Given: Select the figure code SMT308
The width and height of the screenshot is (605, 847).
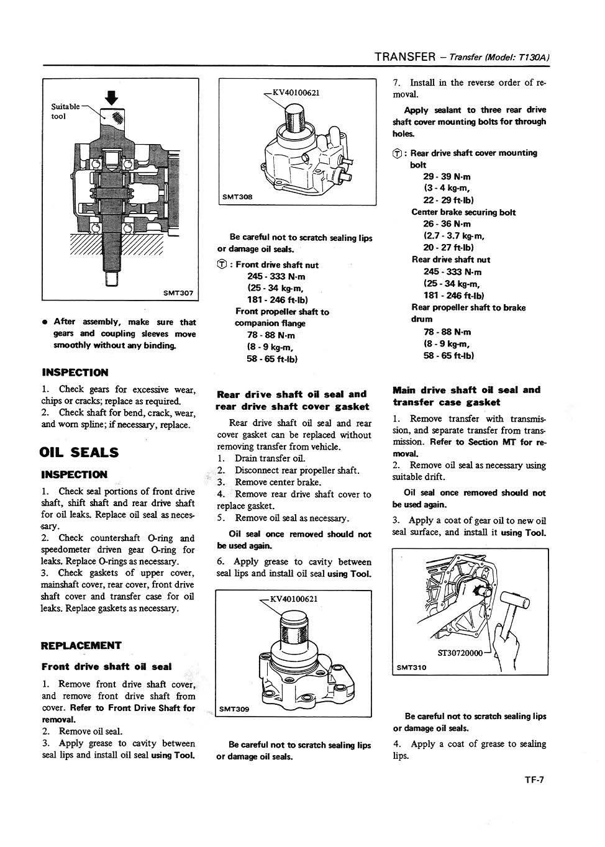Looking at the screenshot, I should pyautogui.click(x=237, y=197).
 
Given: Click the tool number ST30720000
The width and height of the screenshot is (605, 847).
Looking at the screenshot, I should pyautogui.click(x=460, y=653).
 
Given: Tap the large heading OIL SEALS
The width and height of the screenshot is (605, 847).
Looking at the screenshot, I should pyautogui.click(x=79, y=451).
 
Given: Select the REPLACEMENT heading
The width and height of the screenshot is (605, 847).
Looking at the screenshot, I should pyautogui.click(x=81, y=645).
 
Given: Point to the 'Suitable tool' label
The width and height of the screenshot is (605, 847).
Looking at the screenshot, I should pyautogui.click(x=65, y=111).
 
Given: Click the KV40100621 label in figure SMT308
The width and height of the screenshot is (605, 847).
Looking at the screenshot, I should pyautogui.click(x=296, y=93).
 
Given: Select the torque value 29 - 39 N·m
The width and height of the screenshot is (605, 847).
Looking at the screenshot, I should pyautogui.click(x=447, y=176).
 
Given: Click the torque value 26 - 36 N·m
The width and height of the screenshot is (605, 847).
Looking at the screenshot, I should pyautogui.click(x=447, y=224).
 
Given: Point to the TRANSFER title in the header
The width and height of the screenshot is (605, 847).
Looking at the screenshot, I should pyautogui.click(x=405, y=57).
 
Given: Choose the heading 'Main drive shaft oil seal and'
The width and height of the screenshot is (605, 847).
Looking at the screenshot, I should pyautogui.click(x=466, y=390).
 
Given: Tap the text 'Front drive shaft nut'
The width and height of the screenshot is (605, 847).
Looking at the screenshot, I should pyautogui.click(x=277, y=265).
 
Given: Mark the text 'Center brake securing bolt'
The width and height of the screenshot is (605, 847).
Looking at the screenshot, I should pyautogui.click(x=463, y=212).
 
